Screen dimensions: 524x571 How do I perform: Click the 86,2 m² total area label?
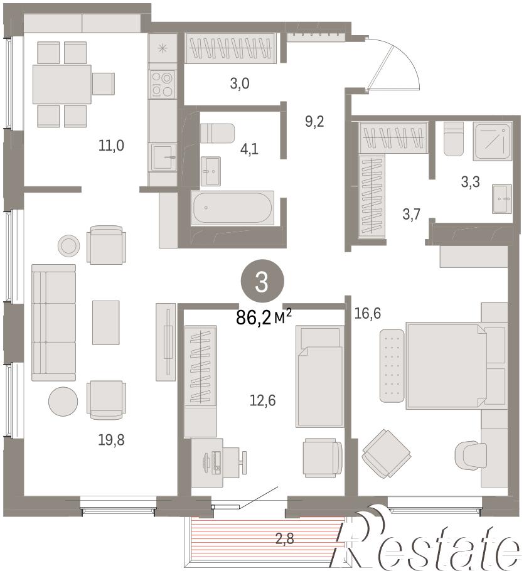tap(264, 317)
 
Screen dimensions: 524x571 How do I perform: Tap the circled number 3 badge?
tap(262, 280)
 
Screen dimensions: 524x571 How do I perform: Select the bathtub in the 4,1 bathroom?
tap(232, 208)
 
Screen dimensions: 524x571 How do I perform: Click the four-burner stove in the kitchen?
tap(163, 83)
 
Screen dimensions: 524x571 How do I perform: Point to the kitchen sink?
tap(164, 157)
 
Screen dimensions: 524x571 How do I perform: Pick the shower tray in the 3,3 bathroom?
tap(493, 141)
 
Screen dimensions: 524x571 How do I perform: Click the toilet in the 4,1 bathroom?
tap(217, 133)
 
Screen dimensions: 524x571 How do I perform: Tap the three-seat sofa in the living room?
tap(53, 323)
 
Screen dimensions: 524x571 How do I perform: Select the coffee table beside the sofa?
tap(105, 323)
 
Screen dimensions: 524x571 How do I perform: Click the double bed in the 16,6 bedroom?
tap(446, 365)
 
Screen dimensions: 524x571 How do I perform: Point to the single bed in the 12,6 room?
tap(319, 376)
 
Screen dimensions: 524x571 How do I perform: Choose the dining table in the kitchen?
tap(62, 84)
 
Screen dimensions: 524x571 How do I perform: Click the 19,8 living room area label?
tap(111, 440)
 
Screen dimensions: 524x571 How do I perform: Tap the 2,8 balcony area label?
tap(284, 538)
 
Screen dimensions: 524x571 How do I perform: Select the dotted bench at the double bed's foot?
tap(392, 366)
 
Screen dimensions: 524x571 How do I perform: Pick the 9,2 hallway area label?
tap(314, 121)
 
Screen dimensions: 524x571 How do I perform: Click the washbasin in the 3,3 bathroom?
tap(502, 198)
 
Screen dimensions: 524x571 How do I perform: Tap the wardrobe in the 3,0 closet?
tap(230, 48)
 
